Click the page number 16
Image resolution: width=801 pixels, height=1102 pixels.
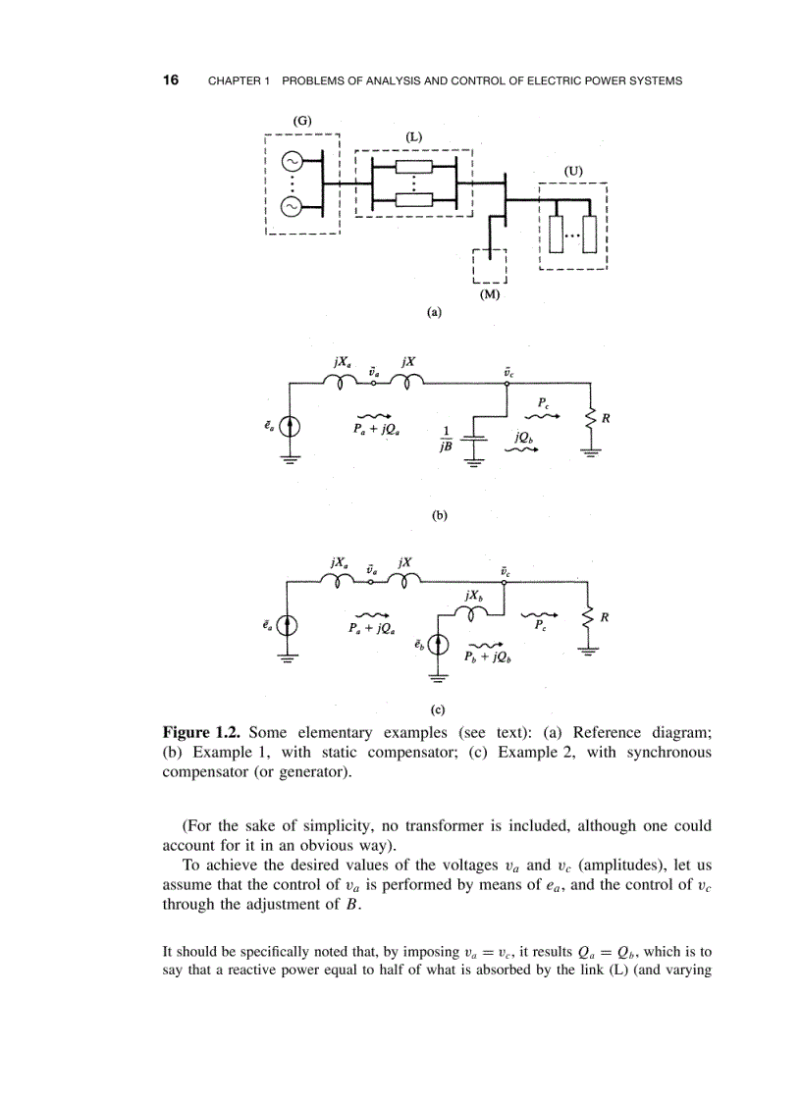171,79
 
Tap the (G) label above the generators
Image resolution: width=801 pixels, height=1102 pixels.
302,120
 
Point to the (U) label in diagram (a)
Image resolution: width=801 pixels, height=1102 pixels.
573,170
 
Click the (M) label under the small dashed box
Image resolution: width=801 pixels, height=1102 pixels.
488,292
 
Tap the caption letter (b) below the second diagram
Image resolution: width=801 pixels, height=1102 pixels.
439,514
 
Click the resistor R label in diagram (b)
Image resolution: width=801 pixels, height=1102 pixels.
607,418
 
